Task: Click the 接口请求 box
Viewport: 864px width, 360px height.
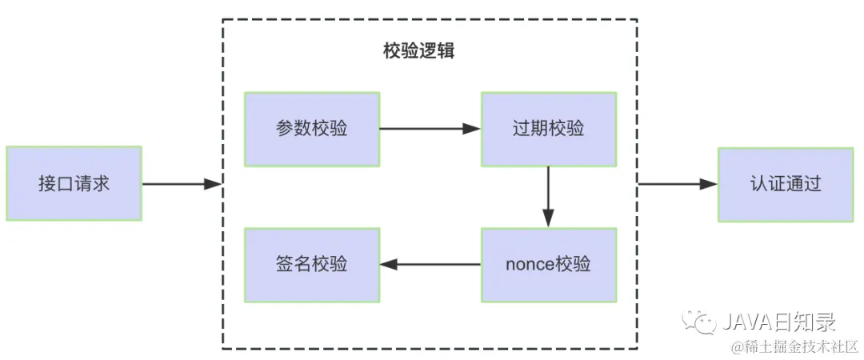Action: [x=74, y=183]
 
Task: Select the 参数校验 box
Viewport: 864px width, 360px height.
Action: [x=312, y=129]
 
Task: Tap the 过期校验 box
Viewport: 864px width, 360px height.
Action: [x=548, y=129]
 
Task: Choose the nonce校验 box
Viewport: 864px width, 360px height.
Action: [x=548, y=265]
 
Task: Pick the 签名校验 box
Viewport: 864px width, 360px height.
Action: [x=312, y=265]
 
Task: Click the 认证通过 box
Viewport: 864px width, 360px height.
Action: [x=786, y=183]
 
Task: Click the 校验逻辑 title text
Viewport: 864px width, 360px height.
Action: [x=419, y=51]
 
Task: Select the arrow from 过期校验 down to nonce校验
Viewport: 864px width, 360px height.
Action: [x=548, y=197]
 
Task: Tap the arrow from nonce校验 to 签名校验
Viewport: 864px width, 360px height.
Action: [x=430, y=265]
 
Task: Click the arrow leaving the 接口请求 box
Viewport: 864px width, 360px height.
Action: [x=181, y=184]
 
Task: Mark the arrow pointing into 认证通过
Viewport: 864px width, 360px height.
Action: [x=678, y=184]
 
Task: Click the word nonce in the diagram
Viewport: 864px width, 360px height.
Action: [x=529, y=265]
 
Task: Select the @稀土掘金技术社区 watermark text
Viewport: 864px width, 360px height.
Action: [x=791, y=346]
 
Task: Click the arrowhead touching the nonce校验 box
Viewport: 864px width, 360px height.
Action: [x=548, y=218]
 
